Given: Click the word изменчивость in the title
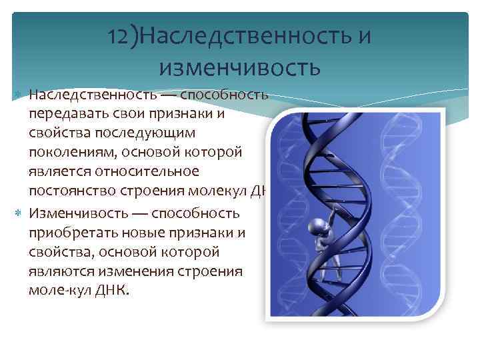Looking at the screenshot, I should pyautogui.click(x=240, y=67).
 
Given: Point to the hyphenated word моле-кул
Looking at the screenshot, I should pyautogui.click(x=57, y=291).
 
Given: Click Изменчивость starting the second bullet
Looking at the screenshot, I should pyautogui.click(x=73, y=213).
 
